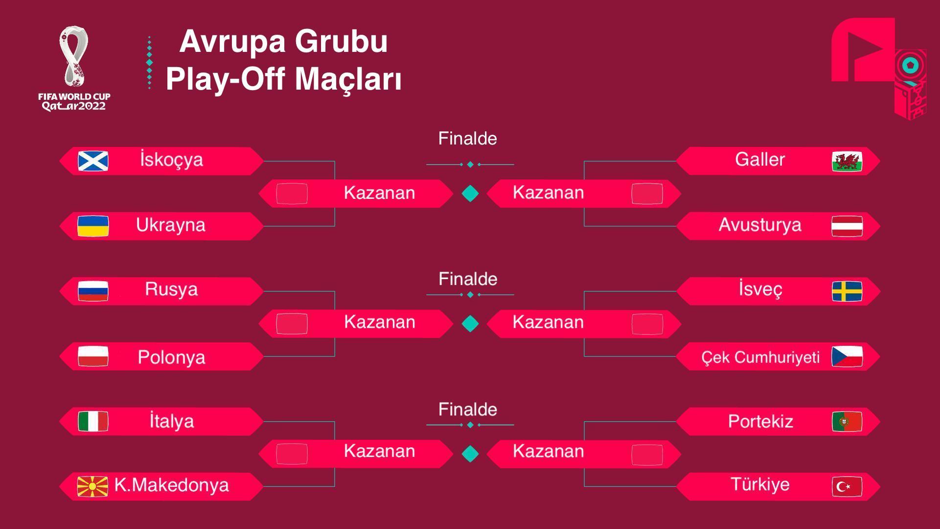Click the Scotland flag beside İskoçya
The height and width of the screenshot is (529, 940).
pyautogui.click(x=93, y=161)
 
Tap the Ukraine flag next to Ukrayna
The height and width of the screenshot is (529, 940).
pyautogui.click(x=93, y=226)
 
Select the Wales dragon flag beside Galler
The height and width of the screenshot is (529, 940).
pyautogui.click(x=847, y=162)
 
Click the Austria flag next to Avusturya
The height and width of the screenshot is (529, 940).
pyautogui.click(x=847, y=226)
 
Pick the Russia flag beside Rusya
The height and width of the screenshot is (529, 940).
pyautogui.click(x=93, y=291)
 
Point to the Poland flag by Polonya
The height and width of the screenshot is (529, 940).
pyautogui.click(x=93, y=357)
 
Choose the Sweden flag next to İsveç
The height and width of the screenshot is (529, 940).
pyautogui.click(x=847, y=291)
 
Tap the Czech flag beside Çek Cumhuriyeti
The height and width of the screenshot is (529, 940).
pyautogui.click(x=847, y=357)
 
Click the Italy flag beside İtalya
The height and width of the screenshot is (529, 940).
pyautogui.click(x=93, y=421)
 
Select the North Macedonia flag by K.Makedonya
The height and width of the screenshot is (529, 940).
pyautogui.click(x=93, y=486)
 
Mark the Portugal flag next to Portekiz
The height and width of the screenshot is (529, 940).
pyautogui.click(x=847, y=422)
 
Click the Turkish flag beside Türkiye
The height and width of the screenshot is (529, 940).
pyautogui.click(x=847, y=487)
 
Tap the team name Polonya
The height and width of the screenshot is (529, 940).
pyautogui.click(x=171, y=358)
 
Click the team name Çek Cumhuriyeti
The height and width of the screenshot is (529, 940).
pyautogui.click(x=760, y=358)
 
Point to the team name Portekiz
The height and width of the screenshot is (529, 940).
pyautogui.click(x=760, y=422)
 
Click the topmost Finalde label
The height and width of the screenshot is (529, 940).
pyautogui.click(x=467, y=139)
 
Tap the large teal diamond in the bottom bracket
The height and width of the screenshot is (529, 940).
pyautogui.click(x=470, y=454)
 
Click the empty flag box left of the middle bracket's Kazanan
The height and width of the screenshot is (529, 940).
pyautogui.click(x=292, y=324)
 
